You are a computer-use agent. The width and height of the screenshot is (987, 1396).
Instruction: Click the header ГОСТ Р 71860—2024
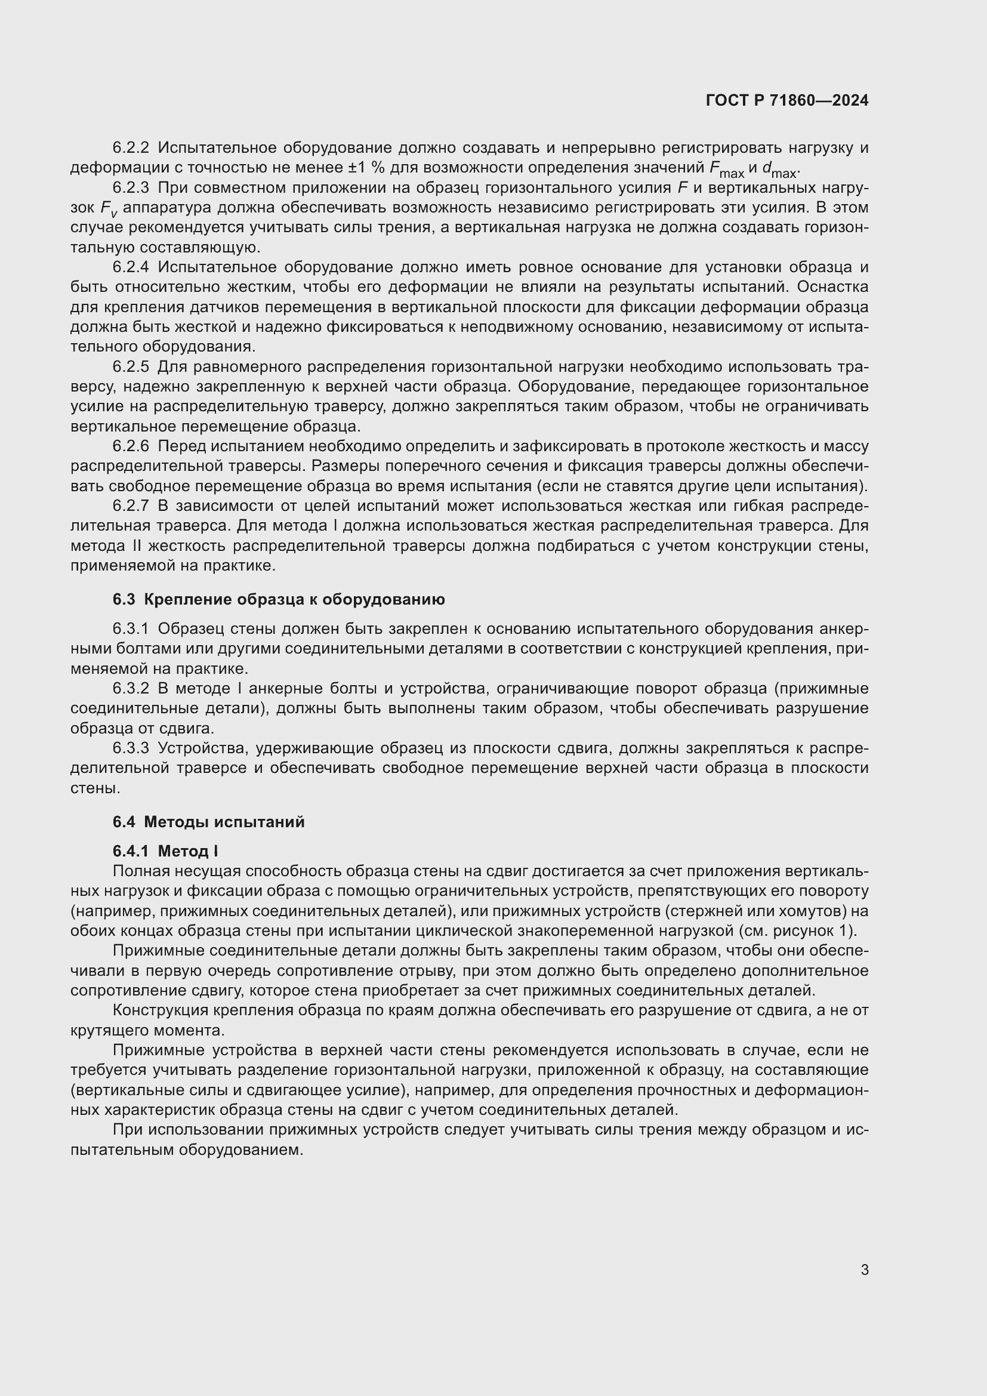pos(786,100)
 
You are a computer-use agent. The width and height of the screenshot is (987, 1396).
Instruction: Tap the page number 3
pos(864,1270)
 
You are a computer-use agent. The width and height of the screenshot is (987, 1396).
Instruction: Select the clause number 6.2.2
pos(131,148)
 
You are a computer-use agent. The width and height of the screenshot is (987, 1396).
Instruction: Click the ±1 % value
pos(372,168)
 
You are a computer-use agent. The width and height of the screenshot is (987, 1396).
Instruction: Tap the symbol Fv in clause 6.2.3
pos(109,208)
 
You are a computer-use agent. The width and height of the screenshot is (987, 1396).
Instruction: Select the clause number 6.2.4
pos(131,267)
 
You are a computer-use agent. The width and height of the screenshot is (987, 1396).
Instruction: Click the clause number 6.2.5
pos(131,366)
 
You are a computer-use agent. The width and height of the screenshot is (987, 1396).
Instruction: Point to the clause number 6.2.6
pos(131,446)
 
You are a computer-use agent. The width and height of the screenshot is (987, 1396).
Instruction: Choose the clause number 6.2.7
pos(131,506)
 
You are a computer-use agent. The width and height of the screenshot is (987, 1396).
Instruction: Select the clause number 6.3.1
pos(131,628)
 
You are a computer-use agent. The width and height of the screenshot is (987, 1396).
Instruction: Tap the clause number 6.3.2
pos(131,688)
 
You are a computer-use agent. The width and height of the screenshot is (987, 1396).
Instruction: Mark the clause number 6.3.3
pos(131,748)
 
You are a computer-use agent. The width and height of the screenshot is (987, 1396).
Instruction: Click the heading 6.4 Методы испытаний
pos(208,822)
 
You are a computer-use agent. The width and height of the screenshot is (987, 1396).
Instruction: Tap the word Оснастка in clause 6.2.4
pos(832,286)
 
